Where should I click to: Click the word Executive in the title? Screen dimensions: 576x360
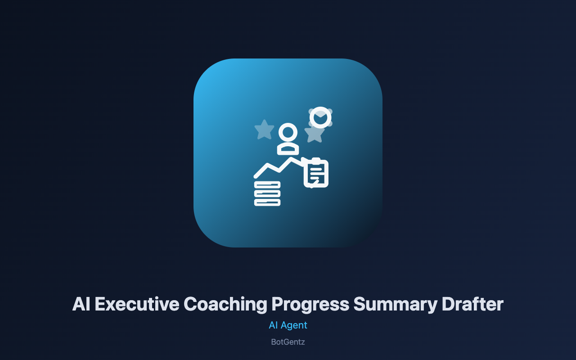tap(137, 304)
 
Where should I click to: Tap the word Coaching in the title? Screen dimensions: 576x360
tap(225, 305)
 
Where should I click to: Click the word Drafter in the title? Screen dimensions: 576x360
tap(472, 304)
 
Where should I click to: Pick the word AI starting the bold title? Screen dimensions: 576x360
tap(81, 304)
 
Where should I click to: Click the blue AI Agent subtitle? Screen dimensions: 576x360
tap(288, 325)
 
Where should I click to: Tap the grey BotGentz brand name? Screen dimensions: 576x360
tap(288, 342)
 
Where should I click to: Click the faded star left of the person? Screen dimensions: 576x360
tap(264, 130)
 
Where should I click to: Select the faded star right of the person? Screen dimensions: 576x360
tap(314, 134)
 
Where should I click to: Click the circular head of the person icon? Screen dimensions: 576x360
tap(288, 132)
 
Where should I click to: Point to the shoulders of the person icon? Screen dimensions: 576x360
tap(288, 149)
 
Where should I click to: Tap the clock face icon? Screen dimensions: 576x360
tap(320, 117)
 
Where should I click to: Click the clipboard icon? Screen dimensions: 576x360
tap(316, 173)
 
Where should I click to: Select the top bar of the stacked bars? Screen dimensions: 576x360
tap(267, 184)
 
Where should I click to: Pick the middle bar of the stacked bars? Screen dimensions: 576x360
tap(267, 193)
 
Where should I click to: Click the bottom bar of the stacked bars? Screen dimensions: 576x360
tap(267, 202)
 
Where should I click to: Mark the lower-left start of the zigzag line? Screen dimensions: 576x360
tap(256, 176)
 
